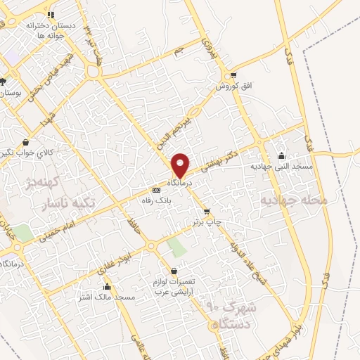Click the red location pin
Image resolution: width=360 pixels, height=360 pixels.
(181, 165)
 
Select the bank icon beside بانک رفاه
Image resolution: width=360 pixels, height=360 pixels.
(156, 190)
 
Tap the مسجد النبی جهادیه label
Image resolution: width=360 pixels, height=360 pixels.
(281, 167)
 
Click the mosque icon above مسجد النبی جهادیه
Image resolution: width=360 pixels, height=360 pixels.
(282, 156)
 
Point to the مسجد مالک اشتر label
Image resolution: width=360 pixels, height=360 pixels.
(106, 297)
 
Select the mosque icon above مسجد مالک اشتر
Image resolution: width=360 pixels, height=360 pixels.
(107, 287)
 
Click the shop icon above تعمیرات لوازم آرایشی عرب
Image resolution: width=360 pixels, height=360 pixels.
(174, 271)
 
